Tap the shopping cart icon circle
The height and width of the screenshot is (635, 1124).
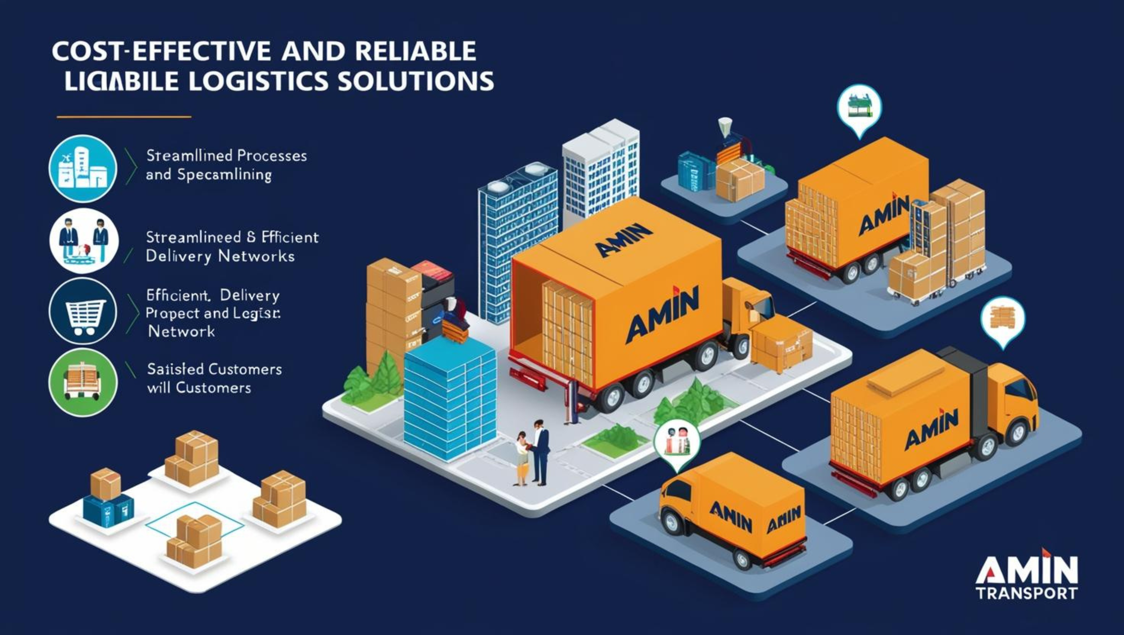click(83, 311)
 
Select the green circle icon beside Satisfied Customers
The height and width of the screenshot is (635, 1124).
click(83, 382)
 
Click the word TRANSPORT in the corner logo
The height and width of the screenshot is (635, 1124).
click(1026, 593)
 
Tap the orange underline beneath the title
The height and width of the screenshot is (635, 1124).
click(124, 117)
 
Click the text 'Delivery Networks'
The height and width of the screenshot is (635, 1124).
click(220, 256)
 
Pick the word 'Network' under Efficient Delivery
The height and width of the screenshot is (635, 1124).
click(182, 331)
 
